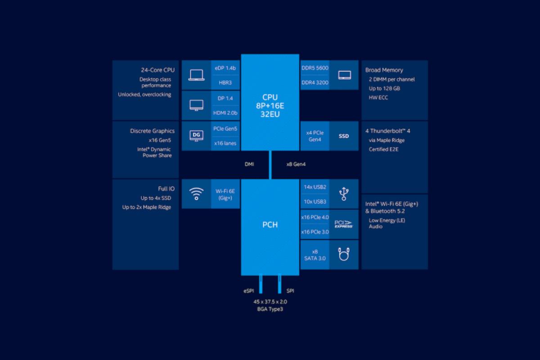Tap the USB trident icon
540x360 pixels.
tap(344, 193)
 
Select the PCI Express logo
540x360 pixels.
tap(344, 224)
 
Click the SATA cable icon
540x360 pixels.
tap(344, 254)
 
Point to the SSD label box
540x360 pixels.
tap(344, 136)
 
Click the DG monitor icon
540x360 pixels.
tap(196, 135)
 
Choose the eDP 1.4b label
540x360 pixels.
tap(225, 68)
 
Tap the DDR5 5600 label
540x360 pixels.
tap(315, 68)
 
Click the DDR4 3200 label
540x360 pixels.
tap(315, 82)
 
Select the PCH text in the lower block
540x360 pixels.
tap(270, 225)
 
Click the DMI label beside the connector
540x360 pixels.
tap(249, 164)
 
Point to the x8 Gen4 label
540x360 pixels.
tap(296, 164)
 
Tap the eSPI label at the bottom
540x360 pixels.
tap(249, 291)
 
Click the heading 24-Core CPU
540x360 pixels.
tap(157, 70)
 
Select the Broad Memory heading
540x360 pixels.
tap(384, 70)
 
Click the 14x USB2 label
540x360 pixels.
tap(315, 187)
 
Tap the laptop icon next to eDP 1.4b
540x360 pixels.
tap(196, 75)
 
